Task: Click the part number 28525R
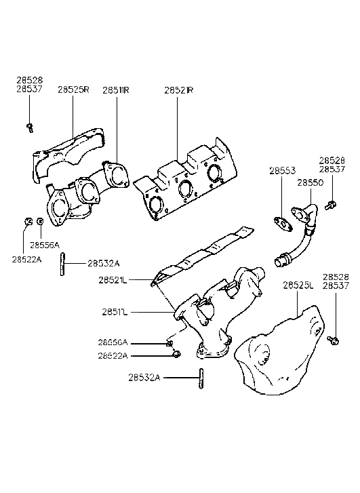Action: [x=73, y=90]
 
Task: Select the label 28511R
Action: [x=115, y=90]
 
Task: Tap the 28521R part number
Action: [x=178, y=90]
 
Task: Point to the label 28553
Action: [x=281, y=171]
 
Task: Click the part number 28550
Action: [x=309, y=183]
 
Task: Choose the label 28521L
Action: [x=113, y=279]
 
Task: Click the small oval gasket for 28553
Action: [x=280, y=221]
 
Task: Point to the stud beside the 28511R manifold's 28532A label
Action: [x=62, y=263]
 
